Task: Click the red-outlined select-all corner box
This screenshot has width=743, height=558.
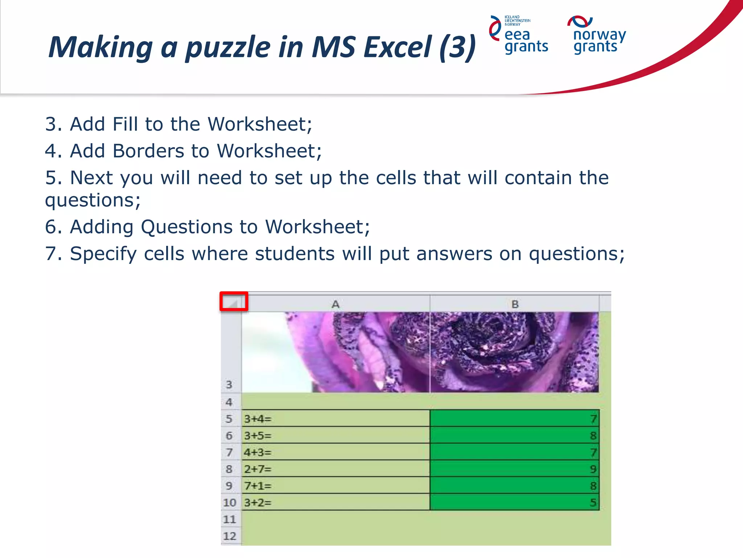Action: tap(234, 302)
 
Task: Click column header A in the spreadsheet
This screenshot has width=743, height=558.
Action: tap(336, 304)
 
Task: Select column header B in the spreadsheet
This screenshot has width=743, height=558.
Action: tap(514, 304)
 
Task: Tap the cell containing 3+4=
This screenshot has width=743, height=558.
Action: tap(336, 418)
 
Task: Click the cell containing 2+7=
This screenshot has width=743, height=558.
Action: tap(336, 469)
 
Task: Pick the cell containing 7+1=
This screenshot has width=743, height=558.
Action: tap(336, 485)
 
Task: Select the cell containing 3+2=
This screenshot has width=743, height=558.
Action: tap(336, 502)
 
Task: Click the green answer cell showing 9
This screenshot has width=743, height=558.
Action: tap(514, 469)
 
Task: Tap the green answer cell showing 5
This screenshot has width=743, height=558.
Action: tap(514, 502)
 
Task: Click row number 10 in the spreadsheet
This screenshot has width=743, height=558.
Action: tap(230, 502)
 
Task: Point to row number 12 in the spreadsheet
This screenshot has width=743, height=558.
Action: tap(230, 536)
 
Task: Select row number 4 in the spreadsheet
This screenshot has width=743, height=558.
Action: tap(229, 402)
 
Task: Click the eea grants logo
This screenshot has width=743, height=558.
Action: tap(519, 35)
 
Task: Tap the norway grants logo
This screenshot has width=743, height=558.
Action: tap(597, 35)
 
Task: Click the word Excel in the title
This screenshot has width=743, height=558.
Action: tap(398, 47)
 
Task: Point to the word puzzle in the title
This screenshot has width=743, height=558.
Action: tap(228, 47)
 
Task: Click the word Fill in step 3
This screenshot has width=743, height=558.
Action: tap(125, 124)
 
